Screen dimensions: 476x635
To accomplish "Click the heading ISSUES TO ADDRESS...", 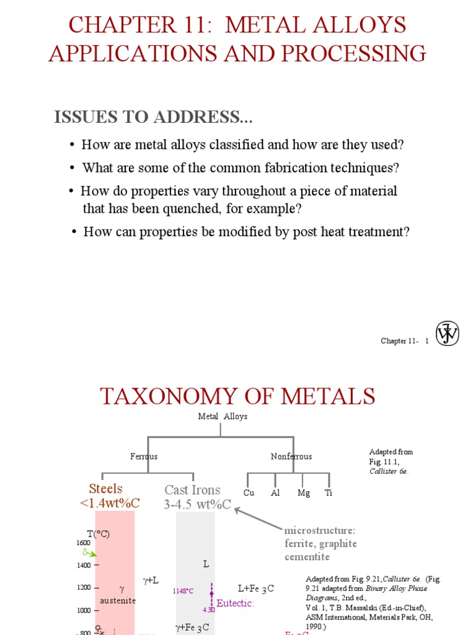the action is click(x=154, y=117).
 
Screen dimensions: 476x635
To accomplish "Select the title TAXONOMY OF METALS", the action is click(x=238, y=396).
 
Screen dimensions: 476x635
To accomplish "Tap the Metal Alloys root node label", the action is click(x=223, y=417).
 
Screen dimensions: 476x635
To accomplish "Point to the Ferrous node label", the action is click(x=144, y=456).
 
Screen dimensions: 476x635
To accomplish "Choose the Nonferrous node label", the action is click(x=291, y=456).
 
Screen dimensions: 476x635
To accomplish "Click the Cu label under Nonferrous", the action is click(x=249, y=493).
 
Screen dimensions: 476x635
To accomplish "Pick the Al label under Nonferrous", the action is click(x=276, y=493).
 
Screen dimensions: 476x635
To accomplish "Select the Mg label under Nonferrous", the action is click(x=303, y=493).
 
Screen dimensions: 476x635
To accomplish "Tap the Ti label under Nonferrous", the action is click(x=328, y=493).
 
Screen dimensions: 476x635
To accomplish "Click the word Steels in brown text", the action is click(x=106, y=489).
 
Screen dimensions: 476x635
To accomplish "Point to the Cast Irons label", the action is click(x=192, y=490).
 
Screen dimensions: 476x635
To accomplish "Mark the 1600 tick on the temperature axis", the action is click(x=83, y=543).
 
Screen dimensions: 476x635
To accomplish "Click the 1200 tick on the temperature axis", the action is click(x=83, y=587).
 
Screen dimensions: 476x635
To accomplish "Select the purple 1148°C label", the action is click(x=183, y=592).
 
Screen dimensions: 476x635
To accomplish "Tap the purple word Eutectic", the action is click(x=235, y=603).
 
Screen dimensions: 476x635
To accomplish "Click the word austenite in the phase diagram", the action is click(x=118, y=600).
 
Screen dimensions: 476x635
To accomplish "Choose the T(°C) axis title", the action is click(x=98, y=534).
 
